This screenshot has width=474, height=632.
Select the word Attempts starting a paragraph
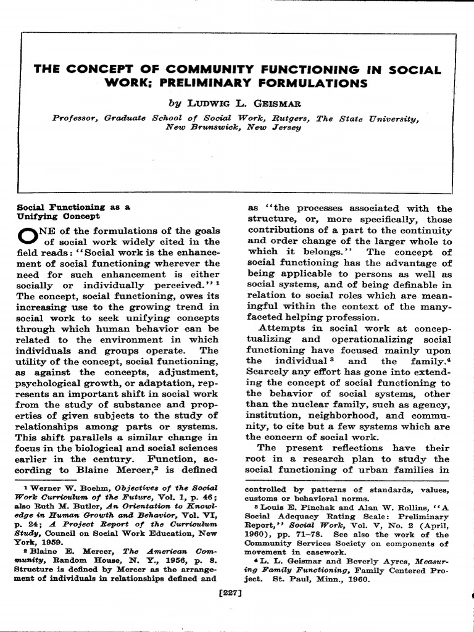281,328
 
